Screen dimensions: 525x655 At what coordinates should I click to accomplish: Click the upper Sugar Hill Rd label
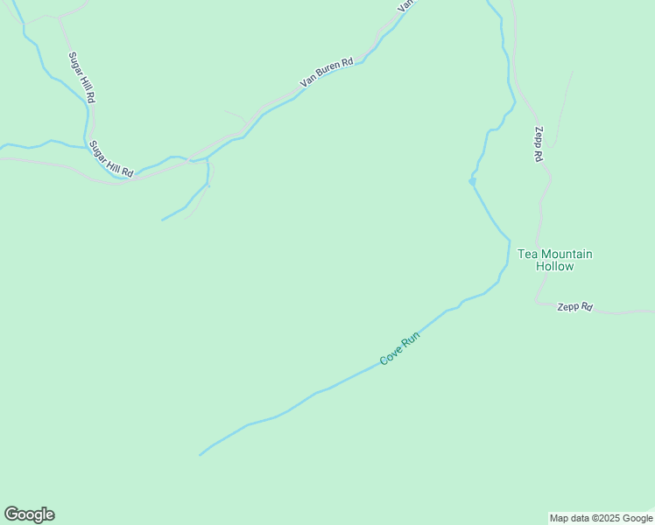point(81,78)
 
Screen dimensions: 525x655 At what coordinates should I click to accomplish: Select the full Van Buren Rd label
point(326,72)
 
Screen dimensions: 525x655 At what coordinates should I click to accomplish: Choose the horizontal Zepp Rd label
point(574,307)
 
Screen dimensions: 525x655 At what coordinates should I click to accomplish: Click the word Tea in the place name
point(527,255)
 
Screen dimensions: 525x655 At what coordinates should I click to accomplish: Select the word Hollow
point(554,267)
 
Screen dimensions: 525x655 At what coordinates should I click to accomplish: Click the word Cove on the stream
point(391,355)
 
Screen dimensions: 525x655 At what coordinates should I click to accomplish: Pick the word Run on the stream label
point(411,339)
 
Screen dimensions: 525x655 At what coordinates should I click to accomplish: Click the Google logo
point(29,514)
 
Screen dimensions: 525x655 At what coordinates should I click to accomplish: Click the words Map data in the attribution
point(569,518)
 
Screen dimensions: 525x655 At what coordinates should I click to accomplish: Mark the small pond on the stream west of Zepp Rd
point(472,181)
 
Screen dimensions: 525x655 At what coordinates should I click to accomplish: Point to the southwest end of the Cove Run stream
point(201,455)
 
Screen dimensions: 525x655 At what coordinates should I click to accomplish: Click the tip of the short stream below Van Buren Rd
point(163,220)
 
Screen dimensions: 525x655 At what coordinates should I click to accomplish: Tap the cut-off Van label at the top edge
point(405,4)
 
